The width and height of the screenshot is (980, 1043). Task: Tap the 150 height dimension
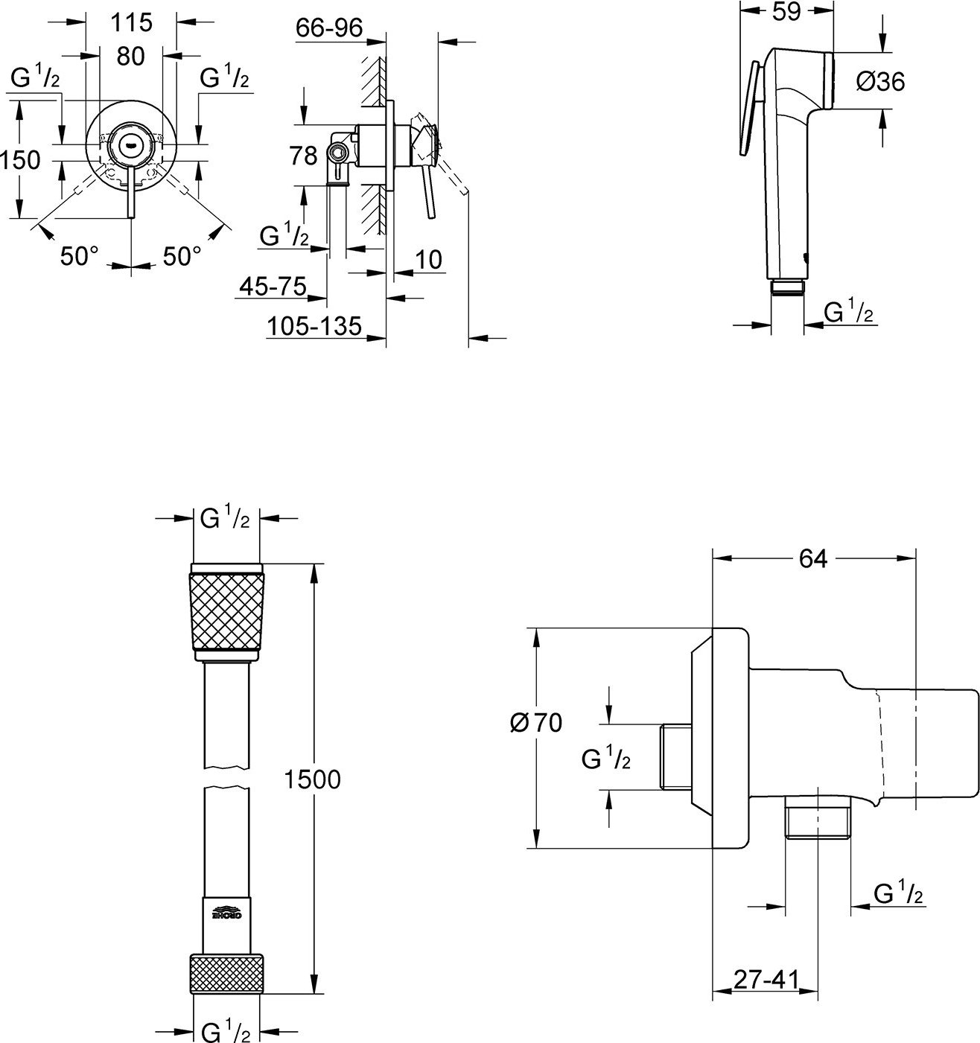click(20, 159)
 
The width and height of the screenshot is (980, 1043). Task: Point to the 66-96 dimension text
click(328, 28)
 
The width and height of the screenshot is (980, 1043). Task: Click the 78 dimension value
click(303, 156)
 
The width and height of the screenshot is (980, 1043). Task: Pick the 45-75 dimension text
click(273, 286)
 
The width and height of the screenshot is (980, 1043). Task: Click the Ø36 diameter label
click(881, 82)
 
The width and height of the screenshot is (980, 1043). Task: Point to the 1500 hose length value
click(313, 779)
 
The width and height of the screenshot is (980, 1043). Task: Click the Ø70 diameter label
click(536, 722)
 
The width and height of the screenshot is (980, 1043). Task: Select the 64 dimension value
click(813, 558)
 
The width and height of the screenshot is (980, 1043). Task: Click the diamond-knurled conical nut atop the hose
click(227, 611)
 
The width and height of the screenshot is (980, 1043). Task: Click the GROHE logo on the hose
click(228, 913)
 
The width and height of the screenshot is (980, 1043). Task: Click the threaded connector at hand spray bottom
click(786, 288)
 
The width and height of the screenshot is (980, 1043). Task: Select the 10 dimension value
click(428, 259)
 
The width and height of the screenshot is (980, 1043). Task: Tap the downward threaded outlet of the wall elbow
click(818, 820)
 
